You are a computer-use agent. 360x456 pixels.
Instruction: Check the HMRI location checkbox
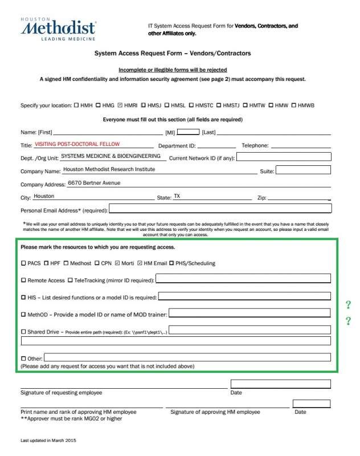(x=120, y=105)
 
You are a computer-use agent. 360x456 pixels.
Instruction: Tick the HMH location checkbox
(x=77, y=105)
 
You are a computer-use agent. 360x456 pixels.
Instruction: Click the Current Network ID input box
(x=283, y=157)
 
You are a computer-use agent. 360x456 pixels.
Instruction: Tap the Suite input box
(x=303, y=170)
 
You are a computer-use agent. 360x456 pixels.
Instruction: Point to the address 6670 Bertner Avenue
(x=94, y=183)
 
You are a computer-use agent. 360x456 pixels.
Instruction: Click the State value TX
(x=177, y=196)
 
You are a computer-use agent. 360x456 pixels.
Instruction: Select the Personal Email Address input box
(x=220, y=209)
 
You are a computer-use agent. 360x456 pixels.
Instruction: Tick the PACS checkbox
(x=23, y=263)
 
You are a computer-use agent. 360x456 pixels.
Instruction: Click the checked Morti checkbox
(x=117, y=263)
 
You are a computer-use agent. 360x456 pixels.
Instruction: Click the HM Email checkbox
(x=140, y=263)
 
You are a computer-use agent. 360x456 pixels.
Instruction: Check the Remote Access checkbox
(x=23, y=280)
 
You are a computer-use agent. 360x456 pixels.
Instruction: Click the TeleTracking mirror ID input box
(x=243, y=279)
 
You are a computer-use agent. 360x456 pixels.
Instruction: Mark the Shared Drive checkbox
(x=23, y=331)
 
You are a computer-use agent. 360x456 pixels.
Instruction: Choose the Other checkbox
(x=23, y=358)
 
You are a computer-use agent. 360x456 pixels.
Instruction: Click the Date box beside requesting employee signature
(x=281, y=384)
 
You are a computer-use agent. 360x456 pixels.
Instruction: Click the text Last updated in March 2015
(x=48, y=441)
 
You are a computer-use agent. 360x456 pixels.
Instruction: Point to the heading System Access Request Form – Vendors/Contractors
(x=173, y=54)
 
